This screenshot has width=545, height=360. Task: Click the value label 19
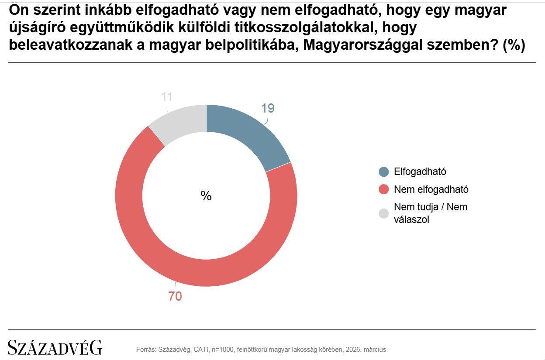[268, 108]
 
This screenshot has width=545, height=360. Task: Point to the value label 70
[175, 296]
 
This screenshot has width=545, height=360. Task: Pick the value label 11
[167, 96]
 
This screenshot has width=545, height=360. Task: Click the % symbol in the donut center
[206, 196]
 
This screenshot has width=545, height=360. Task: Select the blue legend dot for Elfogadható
[384, 171]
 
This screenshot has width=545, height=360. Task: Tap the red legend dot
[384, 189]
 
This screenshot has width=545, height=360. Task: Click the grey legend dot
[384, 213]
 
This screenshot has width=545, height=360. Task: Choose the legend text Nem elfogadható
[431, 189]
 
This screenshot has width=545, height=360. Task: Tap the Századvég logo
[55, 347]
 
